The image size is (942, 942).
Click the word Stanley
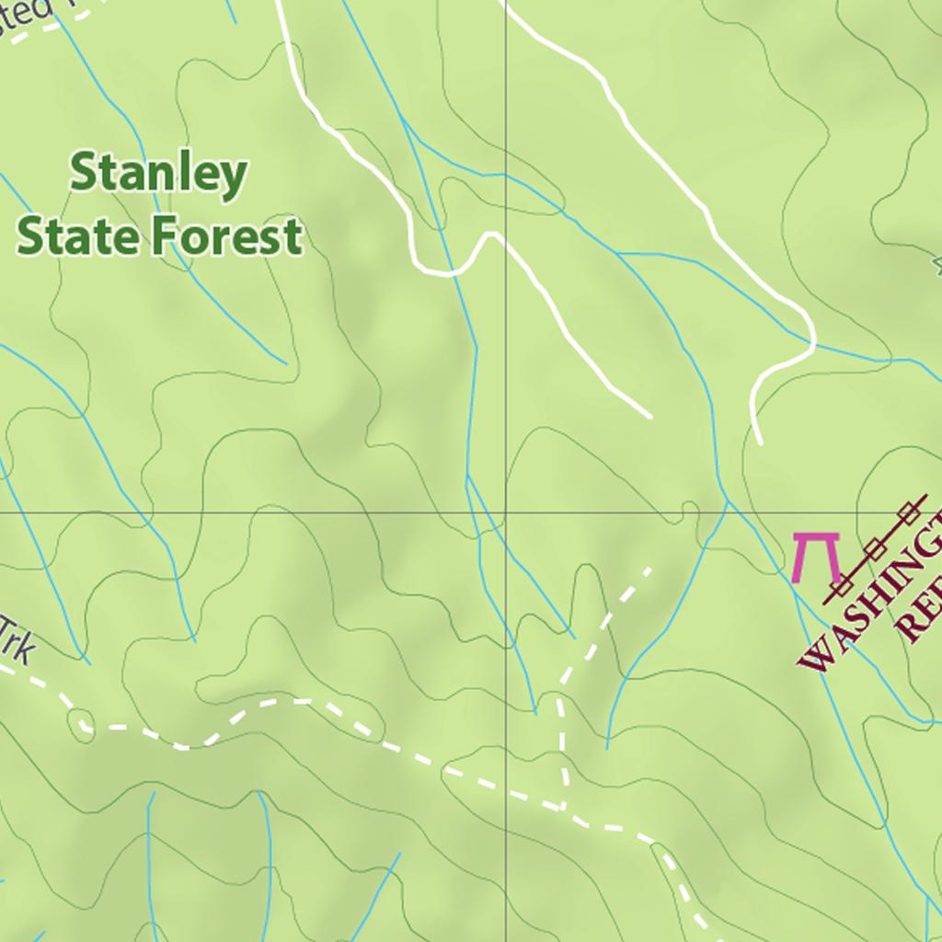(x=158, y=175)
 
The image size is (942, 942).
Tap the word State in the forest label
(x=79, y=235)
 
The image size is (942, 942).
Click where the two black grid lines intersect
(x=505, y=511)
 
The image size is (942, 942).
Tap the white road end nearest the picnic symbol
(x=759, y=442)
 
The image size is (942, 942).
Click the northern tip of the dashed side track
(x=649, y=569)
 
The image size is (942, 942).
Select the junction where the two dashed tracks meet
(x=563, y=809)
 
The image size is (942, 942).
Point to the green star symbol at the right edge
(x=937, y=266)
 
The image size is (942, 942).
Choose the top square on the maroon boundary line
(x=911, y=511)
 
